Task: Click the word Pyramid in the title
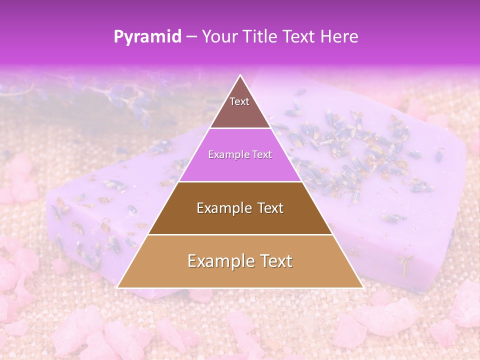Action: point(147,36)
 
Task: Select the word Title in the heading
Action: point(259,36)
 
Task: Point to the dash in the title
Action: point(191,37)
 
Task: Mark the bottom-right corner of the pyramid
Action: point(362,287)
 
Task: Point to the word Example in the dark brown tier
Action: point(223,208)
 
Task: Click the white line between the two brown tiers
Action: point(240,234)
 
